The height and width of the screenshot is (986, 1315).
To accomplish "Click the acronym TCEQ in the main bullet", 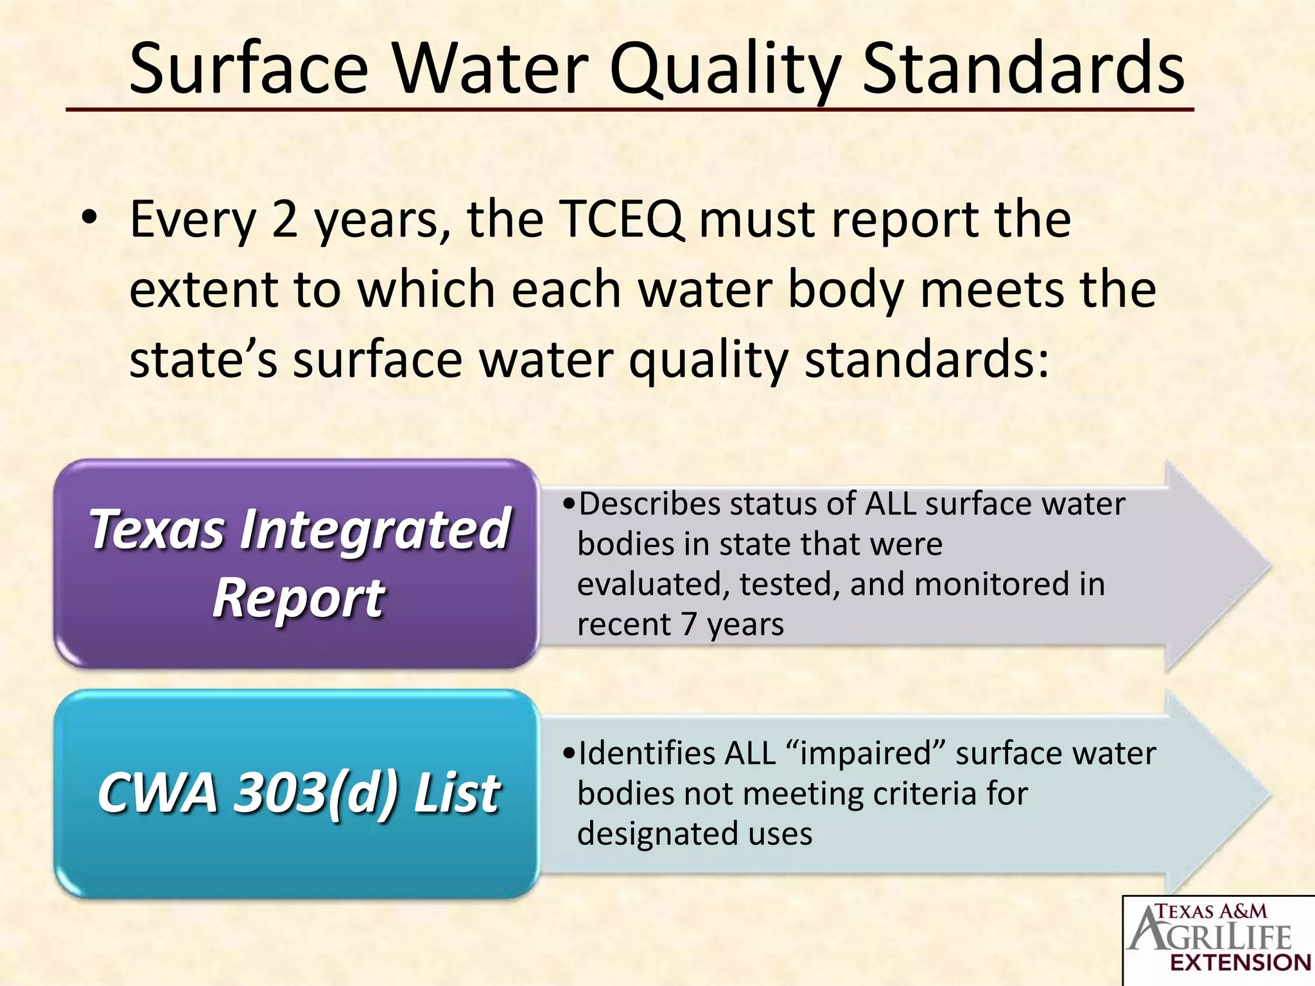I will coord(622,220).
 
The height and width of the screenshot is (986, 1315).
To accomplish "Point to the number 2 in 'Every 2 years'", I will coord(285,220).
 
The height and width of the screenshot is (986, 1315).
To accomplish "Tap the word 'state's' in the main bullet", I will coord(204,359).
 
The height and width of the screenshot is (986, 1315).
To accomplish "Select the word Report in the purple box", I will coord(299,598).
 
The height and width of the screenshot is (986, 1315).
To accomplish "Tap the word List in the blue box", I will coord(456,793).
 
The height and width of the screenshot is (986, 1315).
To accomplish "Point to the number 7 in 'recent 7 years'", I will coord(689,625).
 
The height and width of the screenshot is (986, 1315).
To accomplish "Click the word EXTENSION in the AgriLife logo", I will coord(1240,963).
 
